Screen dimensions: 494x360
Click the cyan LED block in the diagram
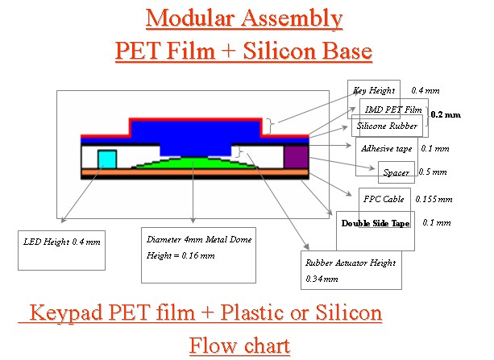coord(107,159)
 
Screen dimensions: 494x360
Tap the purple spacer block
coord(296,157)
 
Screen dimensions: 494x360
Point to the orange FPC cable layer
coord(195,172)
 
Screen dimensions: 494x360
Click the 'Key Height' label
coord(374,91)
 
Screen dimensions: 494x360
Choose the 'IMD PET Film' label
coord(393,110)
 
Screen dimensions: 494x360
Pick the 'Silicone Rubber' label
coord(387,126)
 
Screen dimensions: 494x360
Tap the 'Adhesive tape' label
coord(386,149)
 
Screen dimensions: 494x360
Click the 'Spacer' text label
coord(396,172)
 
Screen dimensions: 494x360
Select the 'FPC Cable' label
coord(384,199)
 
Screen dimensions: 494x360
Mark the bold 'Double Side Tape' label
coord(376,223)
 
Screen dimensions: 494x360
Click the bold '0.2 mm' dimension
coord(446,114)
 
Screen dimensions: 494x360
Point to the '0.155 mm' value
coord(434,199)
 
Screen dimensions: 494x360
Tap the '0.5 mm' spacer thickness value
coord(433,172)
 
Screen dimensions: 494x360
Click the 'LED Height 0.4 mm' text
coord(62,242)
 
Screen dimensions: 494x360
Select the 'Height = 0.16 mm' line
coord(181,255)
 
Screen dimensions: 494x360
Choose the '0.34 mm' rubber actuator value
coord(322,279)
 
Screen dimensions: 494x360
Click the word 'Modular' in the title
coord(189,19)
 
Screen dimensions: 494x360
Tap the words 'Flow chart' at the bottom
coord(239,346)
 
